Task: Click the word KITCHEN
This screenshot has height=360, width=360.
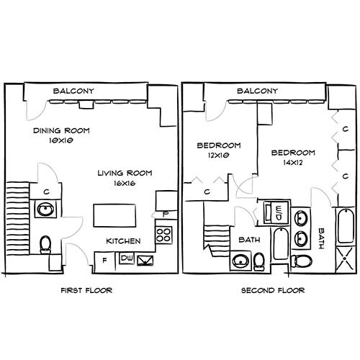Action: [x=123, y=240]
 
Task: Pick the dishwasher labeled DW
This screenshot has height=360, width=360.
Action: [x=127, y=258]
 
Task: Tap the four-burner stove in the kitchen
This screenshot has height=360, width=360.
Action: [x=165, y=234]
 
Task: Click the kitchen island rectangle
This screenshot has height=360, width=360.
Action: [x=115, y=215]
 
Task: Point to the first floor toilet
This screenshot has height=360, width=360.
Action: [x=45, y=244]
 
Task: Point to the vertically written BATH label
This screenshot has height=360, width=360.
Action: [x=322, y=238]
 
